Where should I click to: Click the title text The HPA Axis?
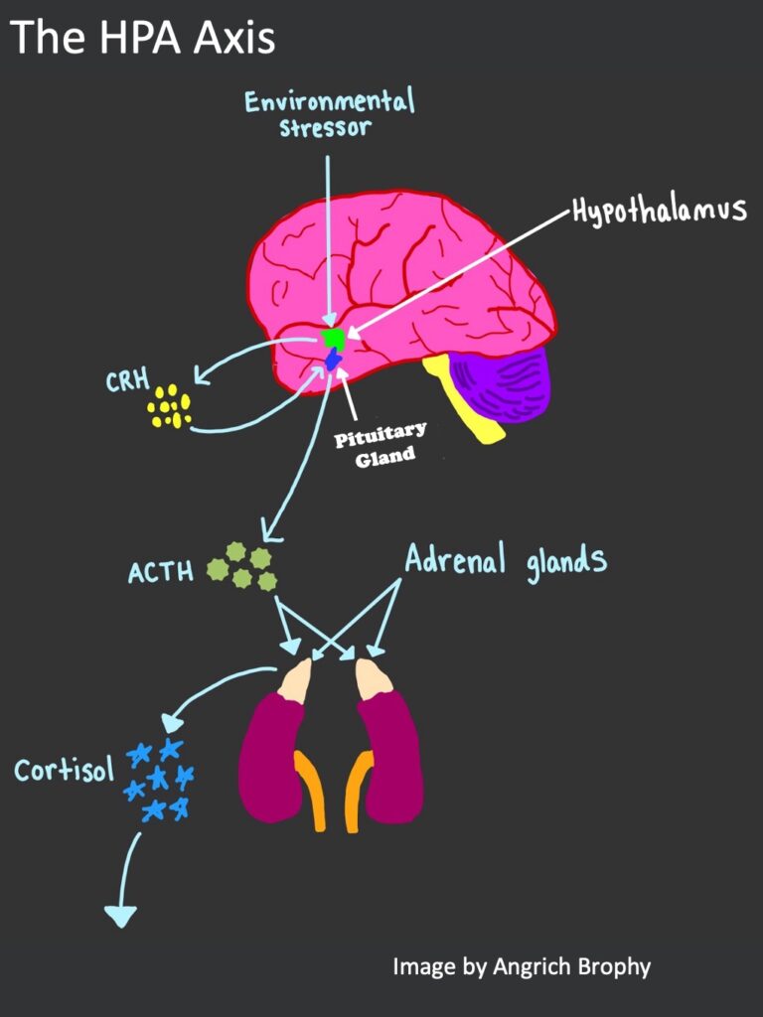click(x=143, y=38)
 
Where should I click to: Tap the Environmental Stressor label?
click(x=330, y=113)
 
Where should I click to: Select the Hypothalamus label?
click(x=659, y=211)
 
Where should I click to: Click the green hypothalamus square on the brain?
click(x=334, y=338)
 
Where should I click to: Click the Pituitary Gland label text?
click(x=379, y=444)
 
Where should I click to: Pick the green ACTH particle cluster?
click(x=241, y=566)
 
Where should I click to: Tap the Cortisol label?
click(x=64, y=769)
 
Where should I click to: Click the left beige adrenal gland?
click(x=295, y=679)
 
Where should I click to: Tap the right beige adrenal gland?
click(x=373, y=678)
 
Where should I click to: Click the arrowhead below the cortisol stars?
click(x=120, y=915)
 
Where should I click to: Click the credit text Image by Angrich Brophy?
click(x=522, y=965)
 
